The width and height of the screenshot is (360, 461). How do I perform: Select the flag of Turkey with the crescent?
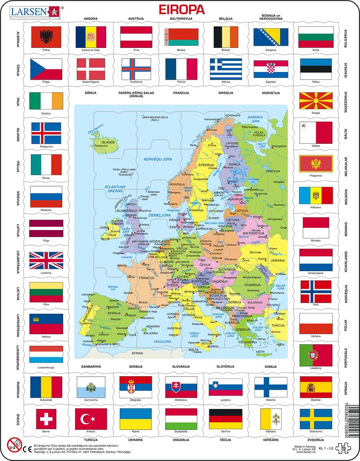tap(90, 418)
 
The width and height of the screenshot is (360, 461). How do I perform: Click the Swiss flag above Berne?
tap(46, 418)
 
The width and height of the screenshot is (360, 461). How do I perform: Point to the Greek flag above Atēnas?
tap(226, 69)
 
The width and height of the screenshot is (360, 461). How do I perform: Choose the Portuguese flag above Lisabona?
tap(315, 355)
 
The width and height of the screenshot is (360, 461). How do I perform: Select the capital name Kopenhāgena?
tap(90, 81)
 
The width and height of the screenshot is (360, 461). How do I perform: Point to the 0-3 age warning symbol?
tap(14, 445)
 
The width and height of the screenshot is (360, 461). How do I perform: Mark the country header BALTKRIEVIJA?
tap(181, 19)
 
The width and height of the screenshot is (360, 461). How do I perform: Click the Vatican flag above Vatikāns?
tap(271, 418)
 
